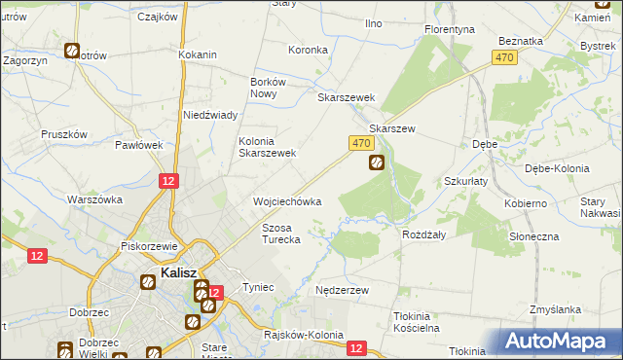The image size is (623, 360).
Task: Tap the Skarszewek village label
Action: (347, 98)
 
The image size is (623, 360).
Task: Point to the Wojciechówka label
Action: (287, 201)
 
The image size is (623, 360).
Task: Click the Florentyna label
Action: (450, 30)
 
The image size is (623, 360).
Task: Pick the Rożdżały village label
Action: (423, 234)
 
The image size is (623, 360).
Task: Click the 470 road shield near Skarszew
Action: (360, 143)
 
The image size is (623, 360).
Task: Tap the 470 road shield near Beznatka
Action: (503, 59)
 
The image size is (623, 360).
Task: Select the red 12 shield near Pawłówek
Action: (169, 181)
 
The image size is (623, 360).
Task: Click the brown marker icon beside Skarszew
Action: (376, 164)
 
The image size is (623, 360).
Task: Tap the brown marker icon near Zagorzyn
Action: (72, 51)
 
